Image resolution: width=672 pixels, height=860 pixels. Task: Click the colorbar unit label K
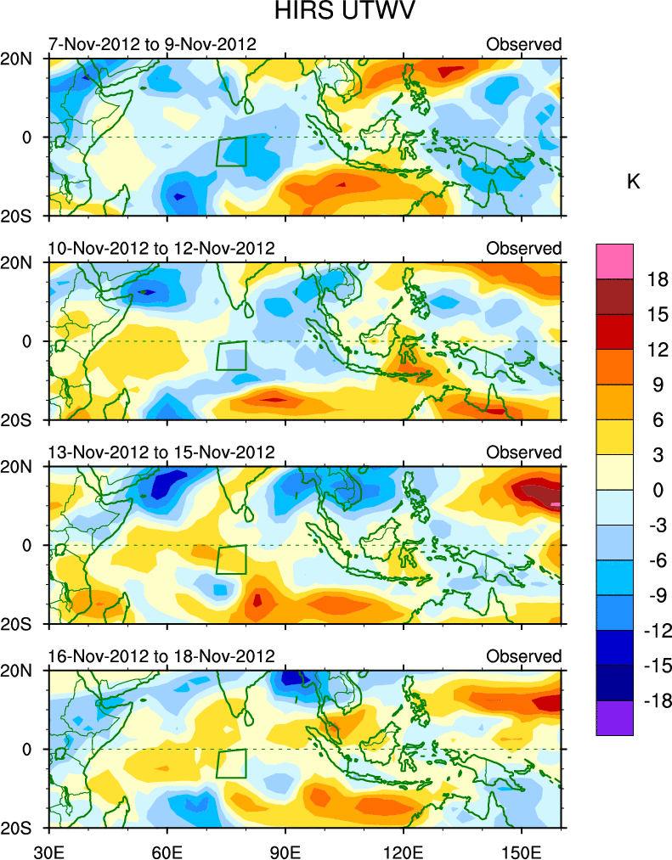[x=633, y=183]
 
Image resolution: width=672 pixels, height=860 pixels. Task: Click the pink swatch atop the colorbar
[x=614, y=260]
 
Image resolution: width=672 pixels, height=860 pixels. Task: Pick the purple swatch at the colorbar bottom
[x=614, y=718]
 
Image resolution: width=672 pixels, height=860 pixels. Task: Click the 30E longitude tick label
[x=49, y=850]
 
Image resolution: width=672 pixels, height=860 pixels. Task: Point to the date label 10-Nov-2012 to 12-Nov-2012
[x=161, y=248]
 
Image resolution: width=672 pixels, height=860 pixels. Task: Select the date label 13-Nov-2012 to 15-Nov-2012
[x=161, y=452]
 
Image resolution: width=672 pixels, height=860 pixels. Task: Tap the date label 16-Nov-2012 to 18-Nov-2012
[x=161, y=656]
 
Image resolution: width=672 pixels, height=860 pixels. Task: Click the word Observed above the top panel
[x=523, y=44]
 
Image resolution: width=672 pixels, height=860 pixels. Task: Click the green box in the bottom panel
[x=231, y=763]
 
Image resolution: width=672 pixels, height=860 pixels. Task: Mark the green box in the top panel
[x=231, y=151]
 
